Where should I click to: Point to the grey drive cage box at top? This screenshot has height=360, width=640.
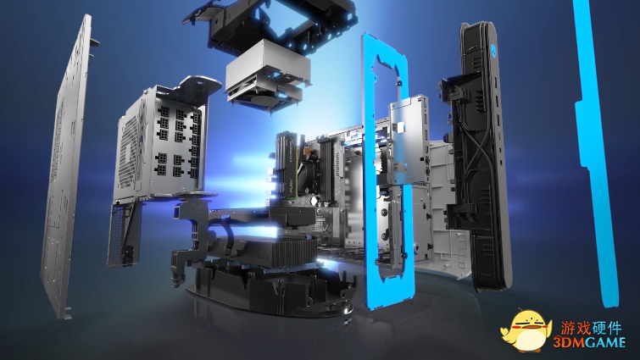[267, 74]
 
